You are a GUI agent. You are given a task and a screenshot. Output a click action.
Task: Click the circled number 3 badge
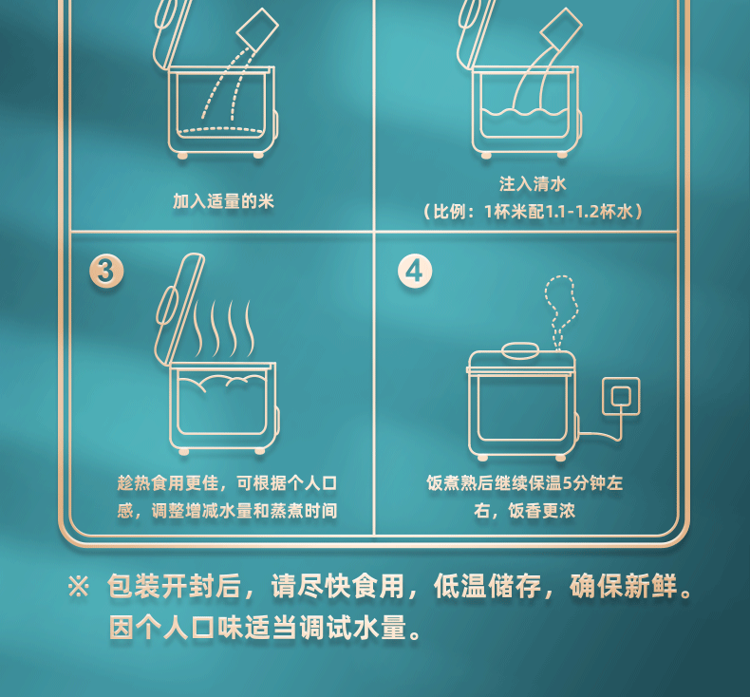(x=106, y=271)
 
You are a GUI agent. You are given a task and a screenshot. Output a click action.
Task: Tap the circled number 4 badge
(x=415, y=271)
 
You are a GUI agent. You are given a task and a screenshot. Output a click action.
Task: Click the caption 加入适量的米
(x=223, y=201)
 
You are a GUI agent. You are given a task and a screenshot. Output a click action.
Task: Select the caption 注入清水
(x=533, y=183)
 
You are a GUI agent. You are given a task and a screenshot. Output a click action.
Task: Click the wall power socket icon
(x=621, y=396)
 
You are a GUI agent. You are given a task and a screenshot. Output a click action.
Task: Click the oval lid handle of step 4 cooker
(x=520, y=350)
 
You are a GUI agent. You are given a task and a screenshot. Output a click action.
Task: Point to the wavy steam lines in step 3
(x=223, y=329)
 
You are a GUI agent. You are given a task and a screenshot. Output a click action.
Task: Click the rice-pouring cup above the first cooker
(x=257, y=29)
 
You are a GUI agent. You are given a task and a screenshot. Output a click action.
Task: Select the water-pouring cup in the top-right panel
(x=560, y=29)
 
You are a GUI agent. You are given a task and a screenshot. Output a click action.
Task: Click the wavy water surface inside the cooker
(x=524, y=113)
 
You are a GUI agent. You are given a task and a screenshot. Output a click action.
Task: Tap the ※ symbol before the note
(x=79, y=586)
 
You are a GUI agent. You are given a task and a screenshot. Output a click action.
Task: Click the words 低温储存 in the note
(x=487, y=586)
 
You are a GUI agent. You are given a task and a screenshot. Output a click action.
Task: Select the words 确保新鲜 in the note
(x=623, y=586)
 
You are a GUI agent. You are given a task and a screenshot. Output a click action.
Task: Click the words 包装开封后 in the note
(x=174, y=586)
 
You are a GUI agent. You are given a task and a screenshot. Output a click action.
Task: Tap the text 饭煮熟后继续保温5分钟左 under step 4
(x=525, y=483)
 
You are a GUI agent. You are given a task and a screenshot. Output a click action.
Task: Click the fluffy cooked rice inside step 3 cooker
(x=222, y=383)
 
